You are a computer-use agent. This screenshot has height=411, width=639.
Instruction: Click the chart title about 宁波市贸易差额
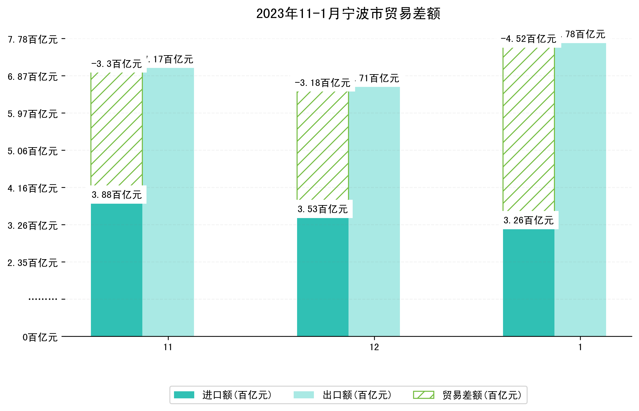click(348, 14)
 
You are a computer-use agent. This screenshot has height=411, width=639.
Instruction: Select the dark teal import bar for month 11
click(116, 270)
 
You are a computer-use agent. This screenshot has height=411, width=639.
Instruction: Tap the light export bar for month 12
click(374, 211)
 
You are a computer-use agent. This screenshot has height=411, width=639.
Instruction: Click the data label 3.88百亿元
click(116, 195)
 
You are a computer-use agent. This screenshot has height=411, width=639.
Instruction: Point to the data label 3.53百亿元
click(323, 209)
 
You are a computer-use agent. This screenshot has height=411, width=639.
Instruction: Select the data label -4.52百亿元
click(528, 39)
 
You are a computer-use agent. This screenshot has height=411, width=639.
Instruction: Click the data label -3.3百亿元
click(116, 64)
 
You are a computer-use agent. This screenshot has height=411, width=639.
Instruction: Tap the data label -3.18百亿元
click(323, 83)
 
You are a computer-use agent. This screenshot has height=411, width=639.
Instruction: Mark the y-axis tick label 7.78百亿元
click(33, 39)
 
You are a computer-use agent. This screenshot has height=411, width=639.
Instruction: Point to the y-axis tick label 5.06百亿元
click(33, 151)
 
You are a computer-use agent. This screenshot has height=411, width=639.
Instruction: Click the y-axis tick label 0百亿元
click(40, 337)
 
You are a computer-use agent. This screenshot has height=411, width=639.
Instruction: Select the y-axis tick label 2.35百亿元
click(33, 263)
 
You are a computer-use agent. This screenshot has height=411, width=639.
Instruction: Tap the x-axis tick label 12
click(374, 347)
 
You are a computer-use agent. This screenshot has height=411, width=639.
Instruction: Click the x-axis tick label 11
click(168, 347)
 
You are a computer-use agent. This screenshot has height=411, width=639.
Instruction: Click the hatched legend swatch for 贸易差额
click(423, 395)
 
